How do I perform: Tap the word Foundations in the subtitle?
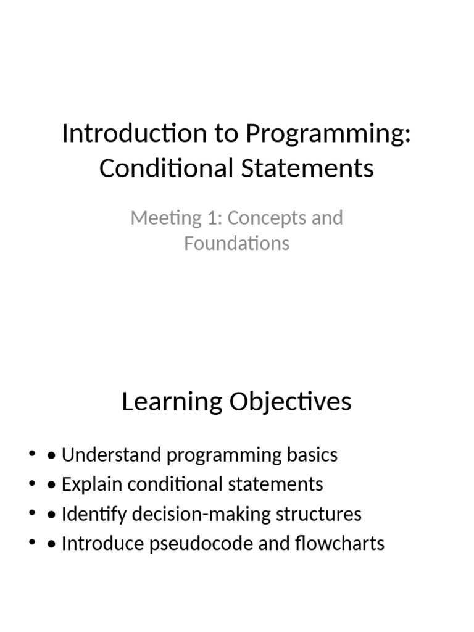tap(236, 243)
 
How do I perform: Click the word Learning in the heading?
tap(172, 402)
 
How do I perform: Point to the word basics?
tap(310, 455)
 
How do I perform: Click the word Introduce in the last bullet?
tap(102, 544)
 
